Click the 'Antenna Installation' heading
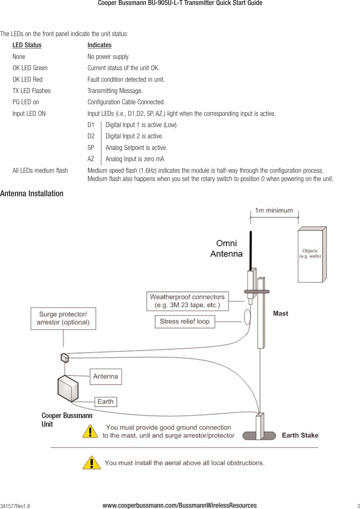(x=32, y=194)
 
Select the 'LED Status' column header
(x=27, y=45)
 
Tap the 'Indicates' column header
(x=99, y=45)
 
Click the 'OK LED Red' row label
(x=27, y=79)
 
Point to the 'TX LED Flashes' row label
(x=31, y=91)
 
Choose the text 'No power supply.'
(x=108, y=57)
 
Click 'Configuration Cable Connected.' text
(x=126, y=102)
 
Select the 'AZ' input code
(x=91, y=159)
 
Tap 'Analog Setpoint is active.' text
(x=136, y=148)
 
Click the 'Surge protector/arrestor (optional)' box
(x=63, y=318)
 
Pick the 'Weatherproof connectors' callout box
(x=187, y=301)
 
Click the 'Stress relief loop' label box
(x=185, y=321)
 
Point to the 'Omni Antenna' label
(x=227, y=249)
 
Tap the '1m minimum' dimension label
(x=274, y=210)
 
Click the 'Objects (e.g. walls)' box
(x=310, y=254)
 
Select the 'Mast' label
(x=281, y=313)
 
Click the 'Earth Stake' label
(x=300, y=435)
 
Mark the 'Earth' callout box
(x=106, y=401)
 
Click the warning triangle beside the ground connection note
(x=90, y=432)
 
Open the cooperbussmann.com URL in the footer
(x=180, y=505)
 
